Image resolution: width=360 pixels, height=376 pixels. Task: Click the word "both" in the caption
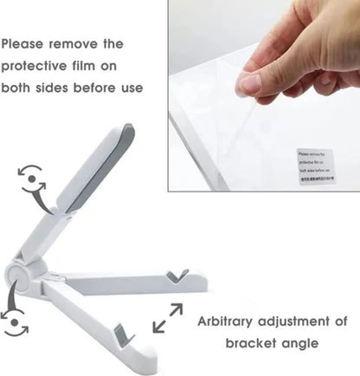pos(21,88)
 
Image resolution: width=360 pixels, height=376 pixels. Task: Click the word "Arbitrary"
pos(228,321)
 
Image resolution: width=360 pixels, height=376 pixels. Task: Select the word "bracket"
pos(255,344)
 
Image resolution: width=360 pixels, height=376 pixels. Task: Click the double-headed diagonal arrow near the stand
pos(168,318)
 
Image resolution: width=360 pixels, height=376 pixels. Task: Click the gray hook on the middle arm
pos(179,276)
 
